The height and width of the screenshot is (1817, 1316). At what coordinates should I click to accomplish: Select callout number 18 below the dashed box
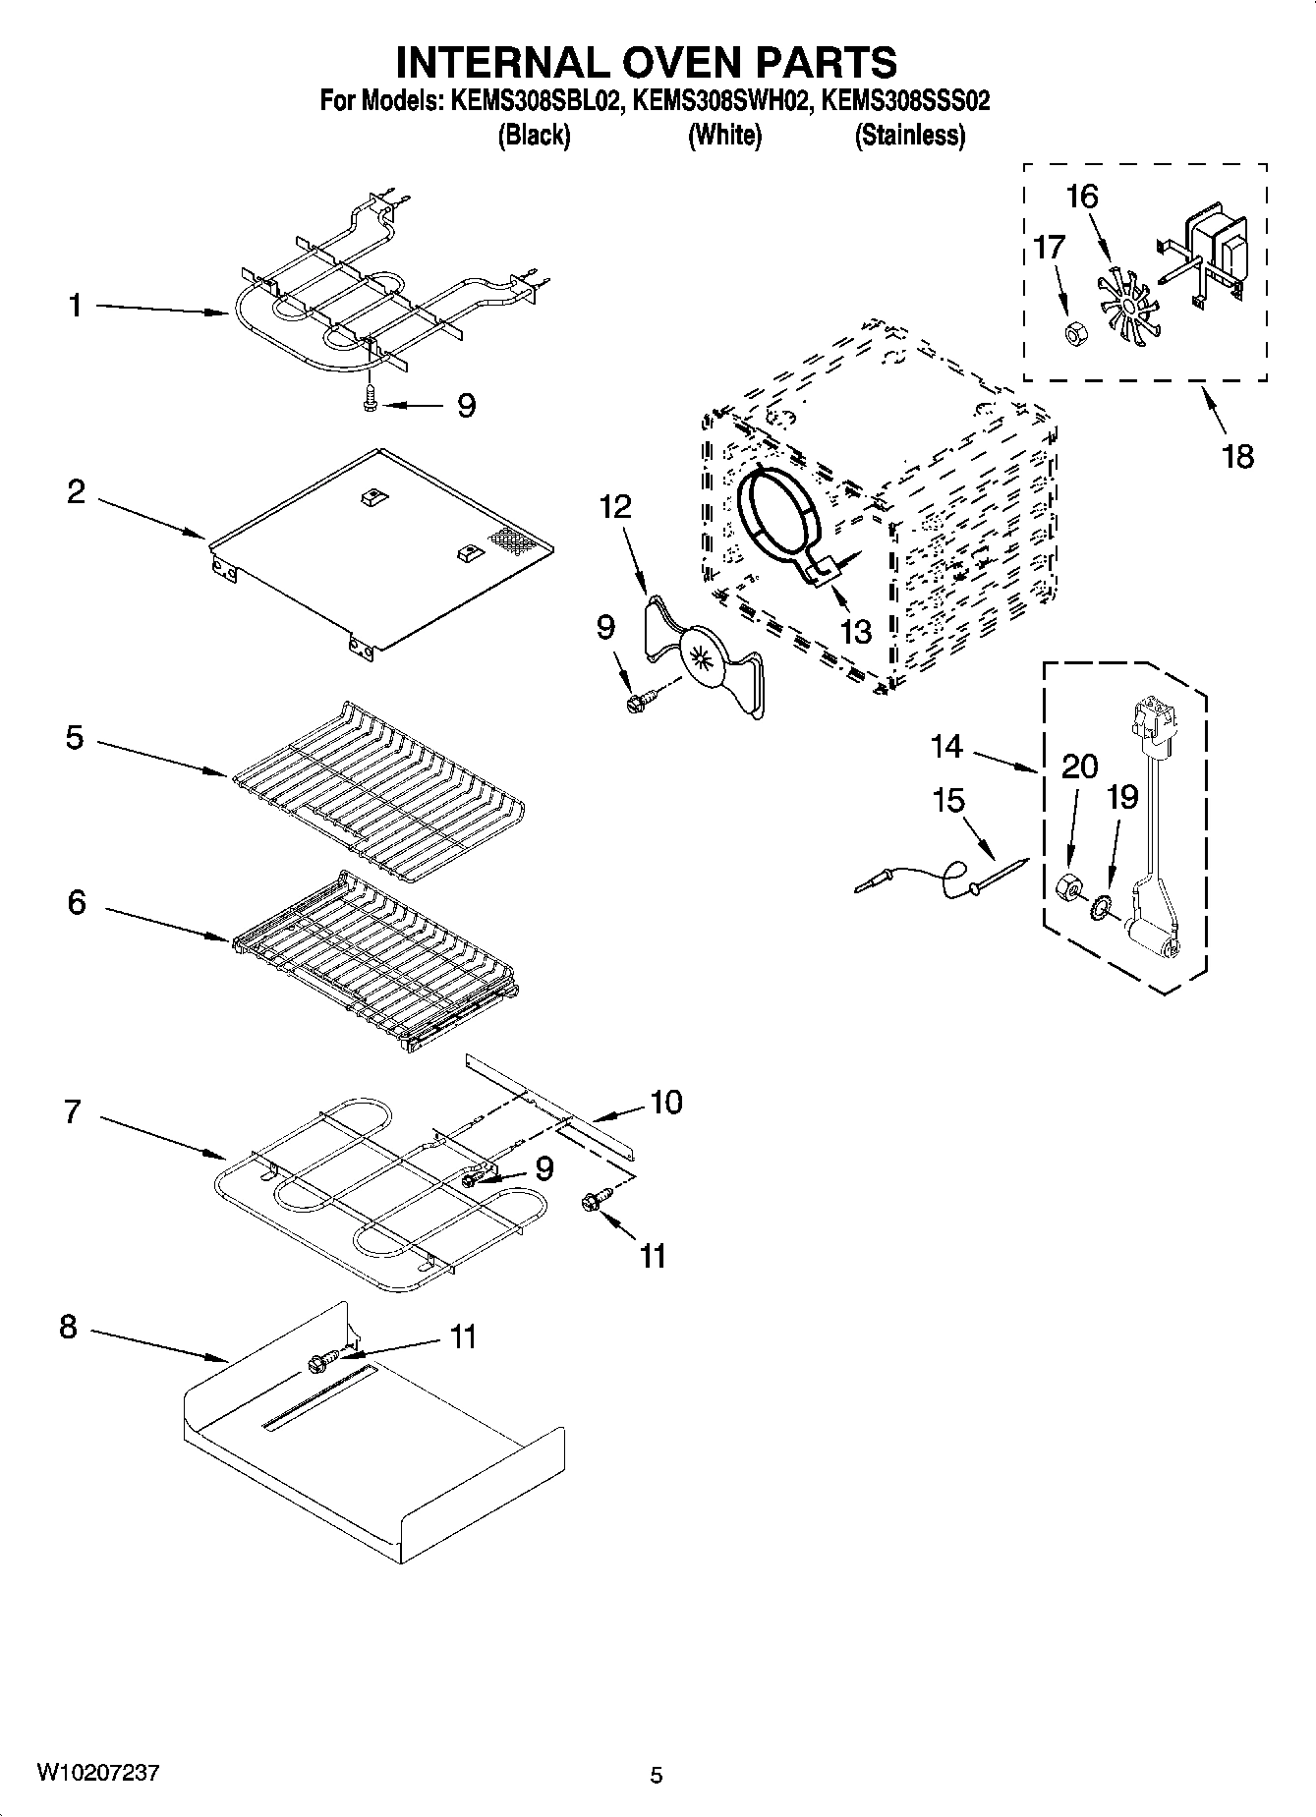(x=1238, y=456)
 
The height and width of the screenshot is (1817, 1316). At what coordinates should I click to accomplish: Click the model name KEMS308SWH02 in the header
(x=722, y=100)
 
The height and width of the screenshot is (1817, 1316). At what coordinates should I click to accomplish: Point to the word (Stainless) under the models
(x=910, y=136)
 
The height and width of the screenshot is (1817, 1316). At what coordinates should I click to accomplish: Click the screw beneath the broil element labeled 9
(x=371, y=399)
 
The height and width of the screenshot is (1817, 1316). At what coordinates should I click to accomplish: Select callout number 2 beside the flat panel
(x=77, y=491)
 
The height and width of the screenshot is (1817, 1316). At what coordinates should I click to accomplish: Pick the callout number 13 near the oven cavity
(x=856, y=631)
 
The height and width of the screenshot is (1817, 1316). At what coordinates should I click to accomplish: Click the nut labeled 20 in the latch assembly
(x=1063, y=888)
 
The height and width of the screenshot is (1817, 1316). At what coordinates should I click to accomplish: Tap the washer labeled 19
(x=1099, y=905)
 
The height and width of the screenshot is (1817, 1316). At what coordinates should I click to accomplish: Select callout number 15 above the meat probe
(x=948, y=801)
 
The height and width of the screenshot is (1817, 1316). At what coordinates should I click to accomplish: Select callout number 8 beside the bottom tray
(x=68, y=1327)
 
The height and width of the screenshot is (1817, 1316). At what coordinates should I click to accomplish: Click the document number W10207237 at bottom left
(x=97, y=1772)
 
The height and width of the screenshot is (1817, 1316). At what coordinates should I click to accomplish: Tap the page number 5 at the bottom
(x=657, y=1775)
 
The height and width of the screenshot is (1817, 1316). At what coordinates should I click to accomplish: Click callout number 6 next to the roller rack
(x=77, y=902)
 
